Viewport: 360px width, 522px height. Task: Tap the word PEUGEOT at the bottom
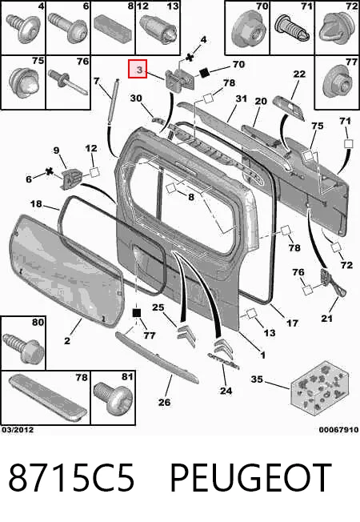[251, 478]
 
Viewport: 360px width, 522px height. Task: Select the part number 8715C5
[71, 478]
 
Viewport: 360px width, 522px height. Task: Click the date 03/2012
[18, 430]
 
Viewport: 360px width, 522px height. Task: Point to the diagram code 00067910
[338, 430]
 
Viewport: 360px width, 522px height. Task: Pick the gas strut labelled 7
[113, 98]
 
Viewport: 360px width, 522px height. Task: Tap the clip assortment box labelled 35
[319, 387]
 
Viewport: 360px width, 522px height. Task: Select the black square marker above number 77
[137, 313]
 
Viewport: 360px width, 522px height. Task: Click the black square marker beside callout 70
[204, 73]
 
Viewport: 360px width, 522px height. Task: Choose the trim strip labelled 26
[157, 357]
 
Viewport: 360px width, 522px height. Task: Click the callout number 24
[226, 390]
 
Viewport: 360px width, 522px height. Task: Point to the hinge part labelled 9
[71, 179]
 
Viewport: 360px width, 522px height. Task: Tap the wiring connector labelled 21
[330, 282]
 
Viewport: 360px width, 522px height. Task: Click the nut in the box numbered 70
[246, 30]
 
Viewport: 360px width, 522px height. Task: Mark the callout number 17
[292, 323]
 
